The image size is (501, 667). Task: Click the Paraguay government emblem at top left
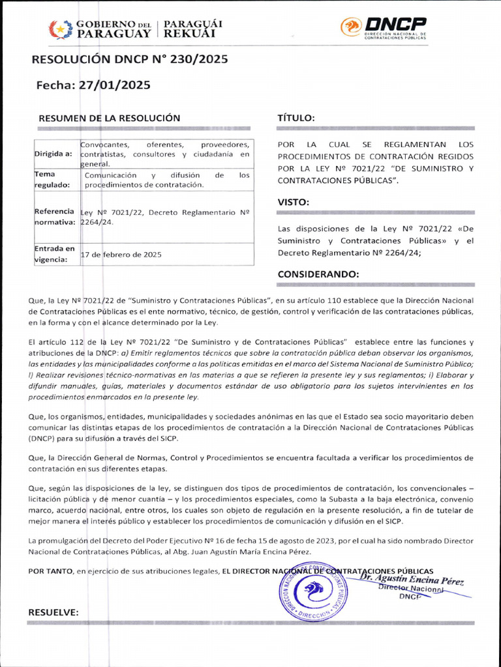click(x=60, y=29)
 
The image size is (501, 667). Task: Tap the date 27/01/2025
click(x=115, y=85)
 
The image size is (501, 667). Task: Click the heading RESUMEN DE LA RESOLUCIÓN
click(x=109, y=118)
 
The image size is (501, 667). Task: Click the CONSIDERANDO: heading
click(x=318, y=274)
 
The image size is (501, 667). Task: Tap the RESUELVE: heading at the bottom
click(x=53, y=612)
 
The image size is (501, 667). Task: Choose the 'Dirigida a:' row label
click(x=53, y=154)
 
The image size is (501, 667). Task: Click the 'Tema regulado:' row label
click(x=52, y=179)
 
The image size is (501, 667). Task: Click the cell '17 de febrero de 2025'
click(x=121, y=255)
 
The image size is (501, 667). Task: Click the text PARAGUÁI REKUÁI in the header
click(x=192, y=29)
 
